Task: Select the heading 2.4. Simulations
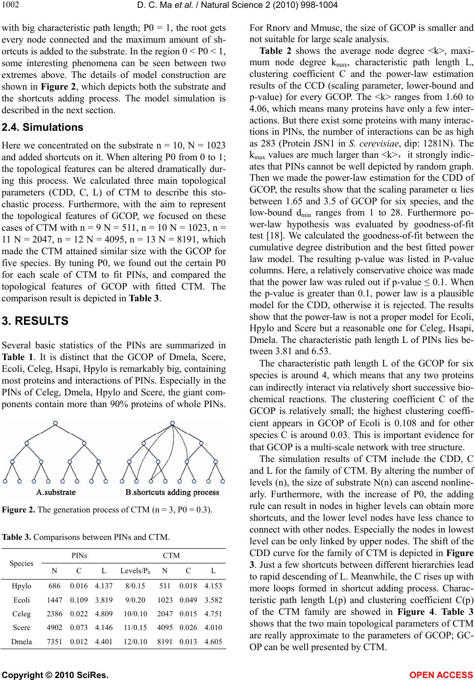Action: (43, 127)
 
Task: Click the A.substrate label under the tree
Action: (56, 492)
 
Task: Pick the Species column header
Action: (22, 563)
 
